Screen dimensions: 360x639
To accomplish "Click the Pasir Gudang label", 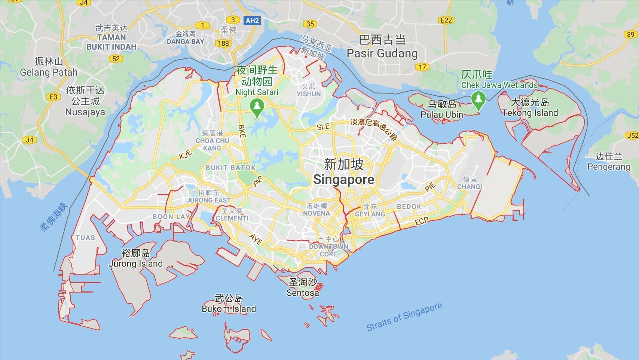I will (382, 53).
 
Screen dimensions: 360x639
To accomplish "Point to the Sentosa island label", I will (303, 292).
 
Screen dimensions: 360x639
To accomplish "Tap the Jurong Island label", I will (135, 263).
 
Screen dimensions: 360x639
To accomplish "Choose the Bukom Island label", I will (229, 309).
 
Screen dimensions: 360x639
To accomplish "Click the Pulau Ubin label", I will (442, 115).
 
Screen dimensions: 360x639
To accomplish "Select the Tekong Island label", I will (530, 113).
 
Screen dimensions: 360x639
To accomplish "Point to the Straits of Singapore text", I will (404, 317).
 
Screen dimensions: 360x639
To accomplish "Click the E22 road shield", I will (446, 20).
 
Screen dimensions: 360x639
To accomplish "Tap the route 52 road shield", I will (116, 58).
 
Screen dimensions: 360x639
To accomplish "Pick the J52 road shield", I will (632, 135).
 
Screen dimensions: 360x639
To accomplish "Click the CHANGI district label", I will (470, 186).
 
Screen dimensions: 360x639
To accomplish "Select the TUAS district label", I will (85, 238).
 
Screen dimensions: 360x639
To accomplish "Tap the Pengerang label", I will (609, 167).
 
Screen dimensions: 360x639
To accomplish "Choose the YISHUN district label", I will (309, 94).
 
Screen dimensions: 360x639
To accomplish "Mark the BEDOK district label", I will (409, 206).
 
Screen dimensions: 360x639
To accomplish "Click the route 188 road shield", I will (223, 43).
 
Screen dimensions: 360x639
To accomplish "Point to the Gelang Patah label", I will (49, 72).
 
